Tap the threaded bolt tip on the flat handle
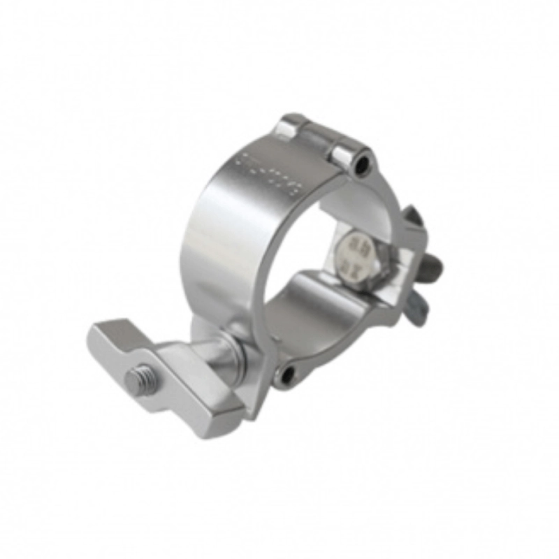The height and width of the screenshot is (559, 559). tap(136, 380)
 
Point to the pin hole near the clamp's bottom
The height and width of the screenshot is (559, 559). tap(286, 376)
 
